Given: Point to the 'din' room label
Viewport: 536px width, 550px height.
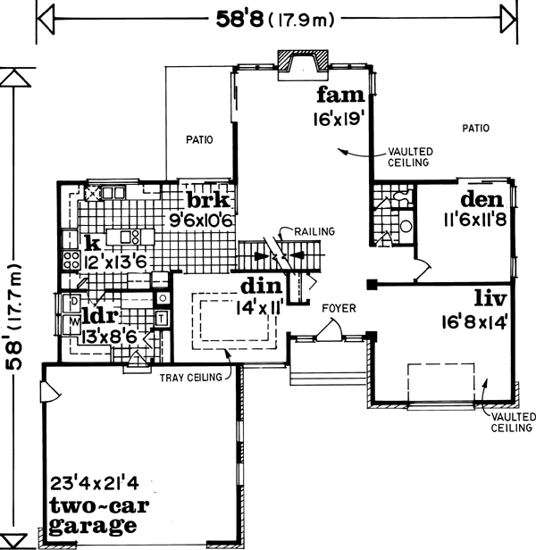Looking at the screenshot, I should pos(261,287).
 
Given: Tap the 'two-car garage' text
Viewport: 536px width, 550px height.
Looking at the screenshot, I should pos(95,517).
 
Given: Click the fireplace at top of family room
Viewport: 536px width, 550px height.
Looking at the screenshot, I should pos(302,66).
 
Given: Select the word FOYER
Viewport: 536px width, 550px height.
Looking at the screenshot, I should pos(340,309).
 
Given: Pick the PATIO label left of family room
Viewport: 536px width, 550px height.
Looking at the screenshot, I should pos(198,139).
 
